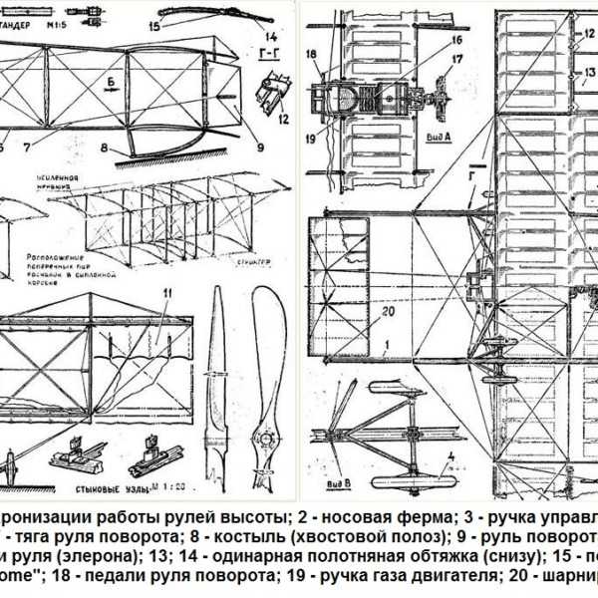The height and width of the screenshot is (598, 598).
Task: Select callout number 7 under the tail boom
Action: (40, 148)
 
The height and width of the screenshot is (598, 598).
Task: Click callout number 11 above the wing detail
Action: (167, 291)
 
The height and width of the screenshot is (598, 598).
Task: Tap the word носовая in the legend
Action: (348, 516)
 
